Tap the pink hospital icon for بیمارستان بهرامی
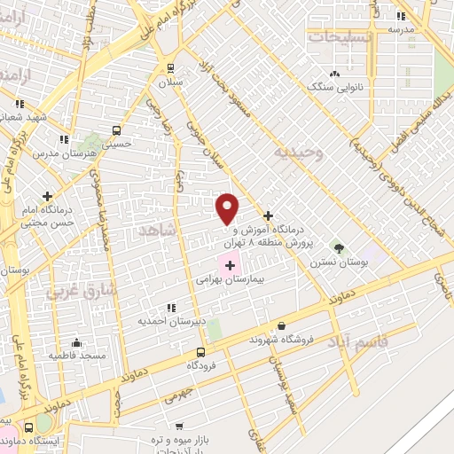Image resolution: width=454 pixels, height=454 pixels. (230, 264)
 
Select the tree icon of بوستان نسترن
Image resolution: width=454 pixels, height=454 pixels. (336, 246)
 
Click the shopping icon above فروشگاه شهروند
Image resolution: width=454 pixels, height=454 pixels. (282, 326)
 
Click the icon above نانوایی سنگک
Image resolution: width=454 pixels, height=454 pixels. (334, 74)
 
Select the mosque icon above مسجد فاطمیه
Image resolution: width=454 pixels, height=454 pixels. (76, 343)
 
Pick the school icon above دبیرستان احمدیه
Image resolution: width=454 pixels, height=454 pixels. (170, 307)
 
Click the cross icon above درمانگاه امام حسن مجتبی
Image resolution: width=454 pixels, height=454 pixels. (48, 196)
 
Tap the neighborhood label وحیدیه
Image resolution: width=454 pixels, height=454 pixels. (294, 153)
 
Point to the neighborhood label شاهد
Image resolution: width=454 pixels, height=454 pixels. (159, 231)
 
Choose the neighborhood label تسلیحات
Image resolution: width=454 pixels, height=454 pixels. (340, 36)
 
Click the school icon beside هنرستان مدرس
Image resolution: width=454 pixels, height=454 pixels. (63, 139)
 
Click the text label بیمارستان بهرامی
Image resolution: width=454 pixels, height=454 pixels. (230, 278)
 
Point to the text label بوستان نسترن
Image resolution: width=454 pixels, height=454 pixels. (338, 262)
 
